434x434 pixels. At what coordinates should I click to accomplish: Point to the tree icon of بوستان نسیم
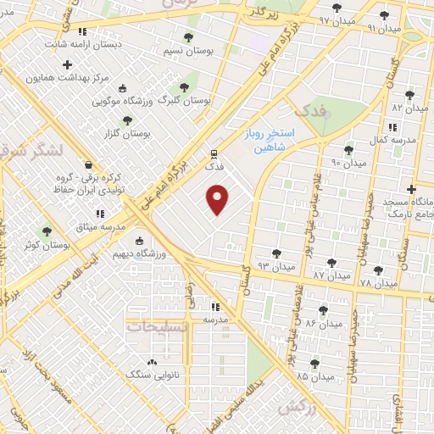(188, 37)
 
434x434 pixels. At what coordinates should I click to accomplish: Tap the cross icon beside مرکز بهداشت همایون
(67, 64)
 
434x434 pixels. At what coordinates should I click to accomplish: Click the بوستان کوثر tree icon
(47, 231)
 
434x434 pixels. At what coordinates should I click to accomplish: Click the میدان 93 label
(276, 267)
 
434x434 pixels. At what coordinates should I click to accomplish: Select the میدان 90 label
(348, 162)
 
